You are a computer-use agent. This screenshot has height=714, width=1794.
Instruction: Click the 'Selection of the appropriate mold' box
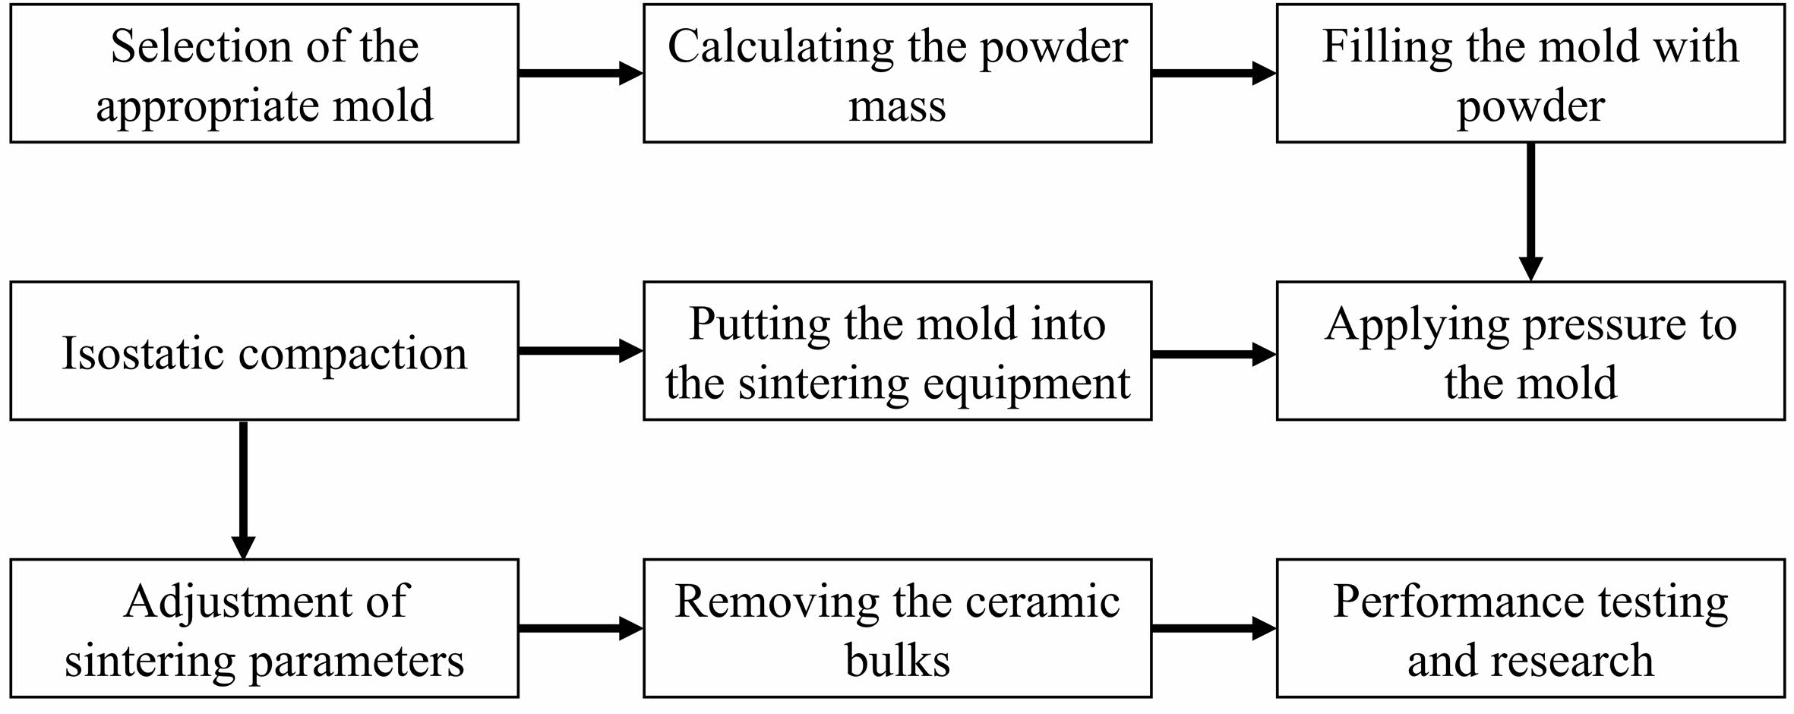[x=264, y=73]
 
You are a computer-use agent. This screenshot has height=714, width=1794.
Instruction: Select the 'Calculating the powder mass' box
[x=898, y=73]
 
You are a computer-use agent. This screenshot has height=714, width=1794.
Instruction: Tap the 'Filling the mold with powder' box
[x=1530, y=73]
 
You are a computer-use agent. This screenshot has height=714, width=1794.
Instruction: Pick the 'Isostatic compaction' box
[x=264, y=351]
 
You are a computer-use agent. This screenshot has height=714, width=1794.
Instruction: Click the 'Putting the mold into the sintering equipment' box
[x=898, y=351]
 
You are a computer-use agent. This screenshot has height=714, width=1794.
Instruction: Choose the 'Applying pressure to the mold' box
[x=1530, y=351]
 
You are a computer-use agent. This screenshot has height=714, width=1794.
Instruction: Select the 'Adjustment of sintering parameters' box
[x=264, y=628]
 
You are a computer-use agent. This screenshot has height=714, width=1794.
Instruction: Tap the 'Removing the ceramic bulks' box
[x=898, y=628]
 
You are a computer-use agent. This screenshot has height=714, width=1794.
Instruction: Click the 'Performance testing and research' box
[x=1530, y=628]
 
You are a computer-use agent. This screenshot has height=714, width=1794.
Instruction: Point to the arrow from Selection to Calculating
[x=581, y=73]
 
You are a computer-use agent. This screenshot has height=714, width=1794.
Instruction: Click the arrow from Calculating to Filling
[x=1214, y=73]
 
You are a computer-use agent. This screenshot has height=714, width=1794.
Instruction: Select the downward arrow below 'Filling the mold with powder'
[x=1530, y=212]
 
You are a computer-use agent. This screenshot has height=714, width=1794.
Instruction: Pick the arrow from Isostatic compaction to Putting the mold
[x=581, y=351]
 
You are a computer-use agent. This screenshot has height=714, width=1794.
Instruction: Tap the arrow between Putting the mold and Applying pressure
[x=1214, y=354]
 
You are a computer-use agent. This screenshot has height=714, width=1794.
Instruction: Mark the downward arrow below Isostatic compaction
[x=243, y=490]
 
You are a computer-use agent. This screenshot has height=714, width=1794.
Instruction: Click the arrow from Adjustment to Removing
[x=581, y=628]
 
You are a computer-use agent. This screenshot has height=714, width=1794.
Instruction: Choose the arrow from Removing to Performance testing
[x=1214, y=628]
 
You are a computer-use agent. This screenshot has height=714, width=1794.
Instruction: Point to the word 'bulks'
[x=898, y=659]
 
